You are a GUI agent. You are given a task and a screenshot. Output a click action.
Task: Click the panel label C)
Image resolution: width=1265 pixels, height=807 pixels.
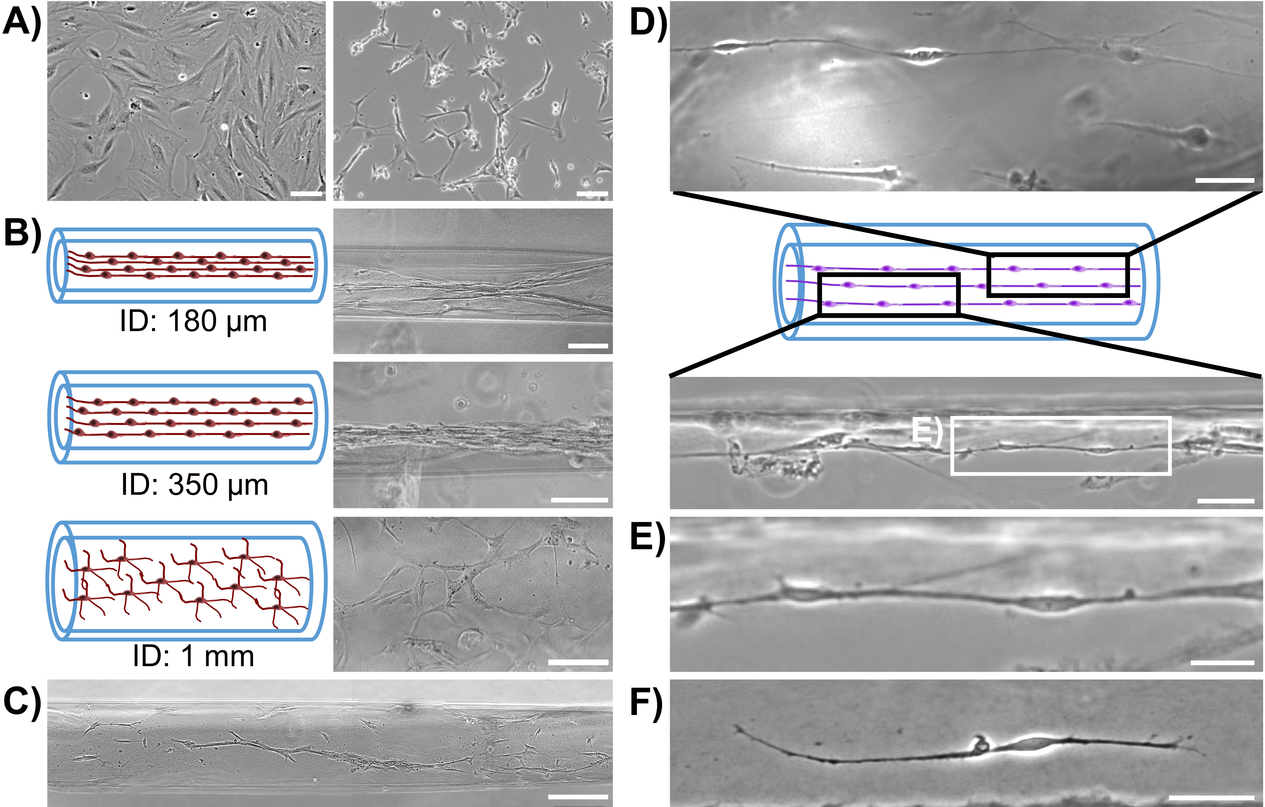click(x=22, y=701)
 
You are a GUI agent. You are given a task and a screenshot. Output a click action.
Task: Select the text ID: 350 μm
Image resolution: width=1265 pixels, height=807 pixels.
click(x=194, y=485)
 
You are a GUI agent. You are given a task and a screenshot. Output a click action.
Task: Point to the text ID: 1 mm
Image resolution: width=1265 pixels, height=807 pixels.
click(x=193, y=656)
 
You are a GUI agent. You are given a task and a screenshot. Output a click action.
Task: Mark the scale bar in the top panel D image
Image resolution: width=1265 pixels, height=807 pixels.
click(x=1225, y=180)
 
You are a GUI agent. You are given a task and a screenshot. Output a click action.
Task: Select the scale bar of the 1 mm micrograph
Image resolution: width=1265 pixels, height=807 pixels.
click(x=578, y=662)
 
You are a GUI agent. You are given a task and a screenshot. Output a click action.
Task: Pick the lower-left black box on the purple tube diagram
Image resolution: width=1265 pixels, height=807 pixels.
click(x=889, y=294)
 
